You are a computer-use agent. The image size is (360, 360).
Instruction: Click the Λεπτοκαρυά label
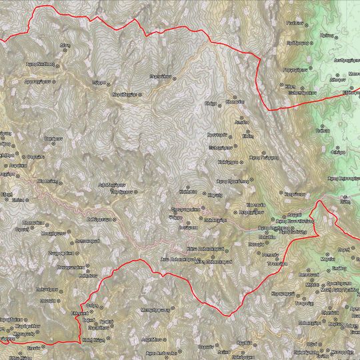click(87, 240)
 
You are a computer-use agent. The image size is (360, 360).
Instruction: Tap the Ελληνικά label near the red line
click(80, 312)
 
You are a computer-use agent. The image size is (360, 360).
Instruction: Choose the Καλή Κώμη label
click(91, 339)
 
